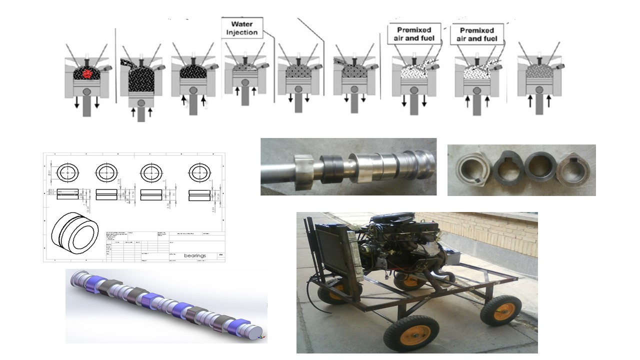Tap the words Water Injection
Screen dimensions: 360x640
click(241, 28)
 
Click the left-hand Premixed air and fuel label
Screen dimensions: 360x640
click(414, 34)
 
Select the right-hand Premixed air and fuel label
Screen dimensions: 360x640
click(477, 34)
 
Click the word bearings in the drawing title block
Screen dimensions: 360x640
click(194, 255)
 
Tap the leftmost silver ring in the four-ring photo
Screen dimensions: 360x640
click(472, 169)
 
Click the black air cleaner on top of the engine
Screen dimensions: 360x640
click(395, 220)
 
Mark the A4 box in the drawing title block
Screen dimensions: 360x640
click(221, 255)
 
